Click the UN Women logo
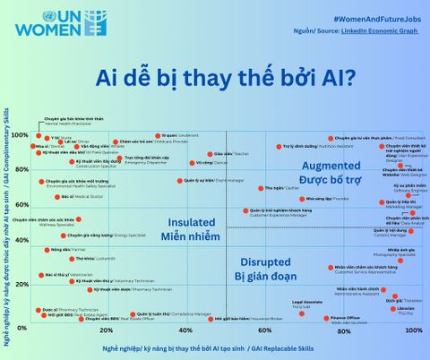point(46,26)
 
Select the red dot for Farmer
point(50,249)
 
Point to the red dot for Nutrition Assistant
point(291,146)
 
